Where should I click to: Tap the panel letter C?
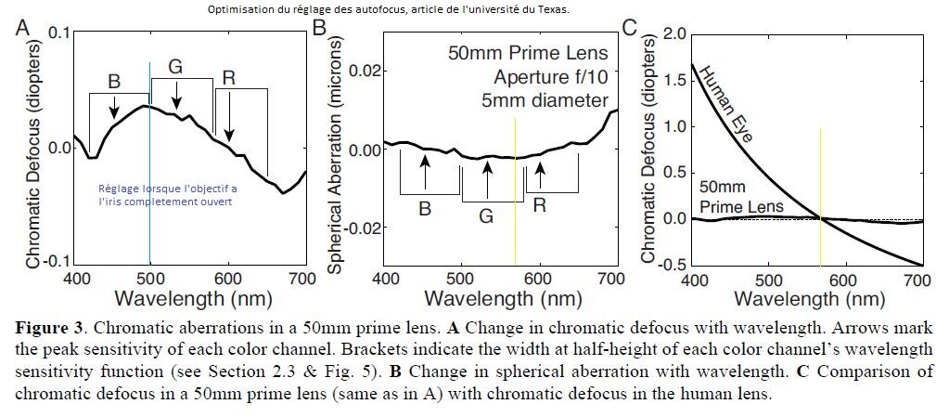(x=629, y=28)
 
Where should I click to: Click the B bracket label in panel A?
(x=114, y=81)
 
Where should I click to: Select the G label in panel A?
(x=175, y=68)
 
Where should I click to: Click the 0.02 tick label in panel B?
(x=360, y=71)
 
